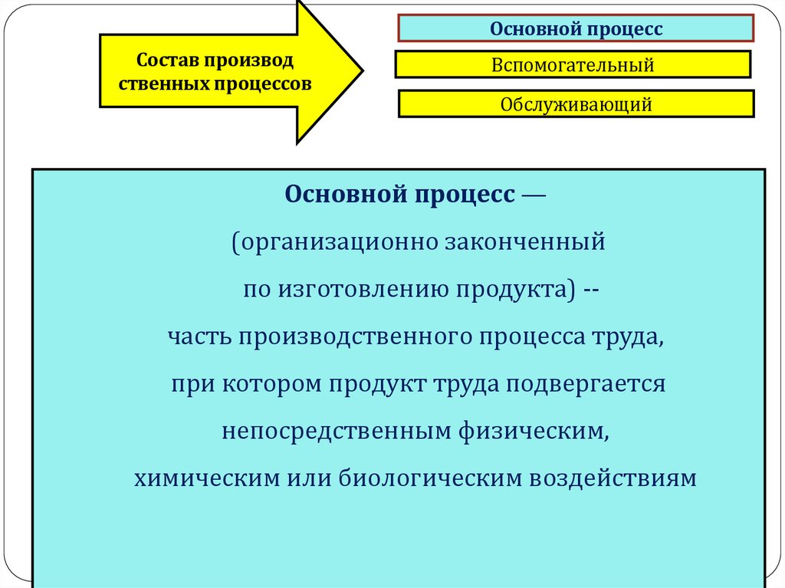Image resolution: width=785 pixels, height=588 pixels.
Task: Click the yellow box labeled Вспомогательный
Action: [x=573, y=65]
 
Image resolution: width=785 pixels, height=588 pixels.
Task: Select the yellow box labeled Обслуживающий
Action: [x=576, y=104]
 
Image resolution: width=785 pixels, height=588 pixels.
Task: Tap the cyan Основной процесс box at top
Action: [x=576, y=28]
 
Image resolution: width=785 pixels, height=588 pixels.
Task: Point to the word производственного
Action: [x=353, y=337]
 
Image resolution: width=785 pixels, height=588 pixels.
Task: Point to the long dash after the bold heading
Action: [x=534, y=195]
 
